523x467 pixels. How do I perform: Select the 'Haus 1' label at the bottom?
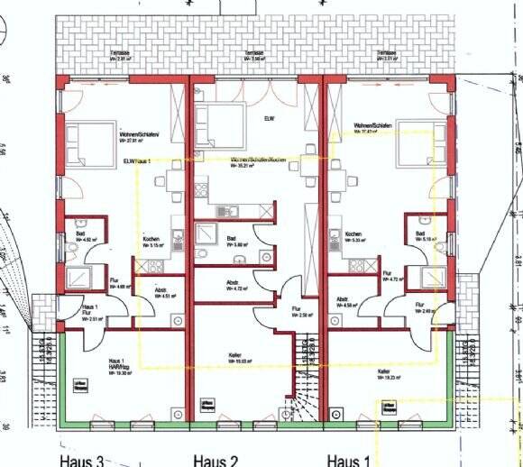349,461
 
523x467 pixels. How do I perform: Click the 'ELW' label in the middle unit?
269,118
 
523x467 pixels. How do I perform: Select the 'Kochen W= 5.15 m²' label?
152,242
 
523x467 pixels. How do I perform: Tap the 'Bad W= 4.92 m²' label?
82,237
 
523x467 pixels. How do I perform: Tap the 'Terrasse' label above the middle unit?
253,54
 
